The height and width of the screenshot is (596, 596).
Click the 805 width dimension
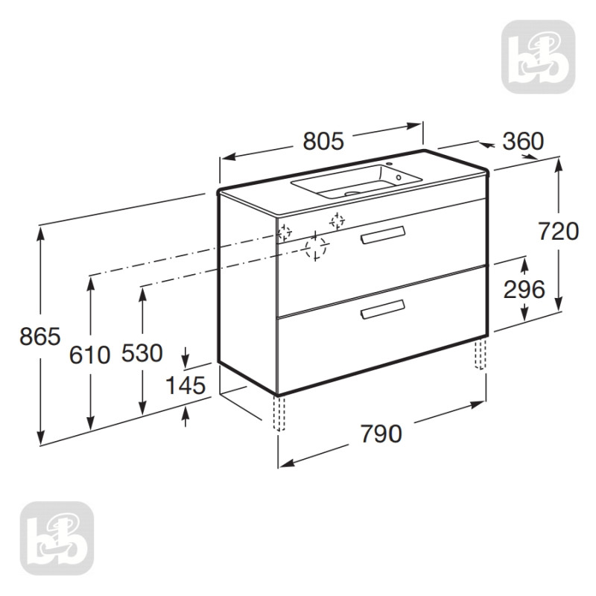323,141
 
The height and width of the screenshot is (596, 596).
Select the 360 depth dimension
523,141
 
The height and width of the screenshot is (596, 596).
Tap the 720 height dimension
559,231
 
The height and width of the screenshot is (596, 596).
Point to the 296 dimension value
524,289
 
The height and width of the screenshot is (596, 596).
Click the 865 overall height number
40,337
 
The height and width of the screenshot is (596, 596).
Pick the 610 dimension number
89,355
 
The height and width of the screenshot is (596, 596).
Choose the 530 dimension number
142,352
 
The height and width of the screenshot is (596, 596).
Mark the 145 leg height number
186,385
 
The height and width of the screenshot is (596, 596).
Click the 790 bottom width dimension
381,434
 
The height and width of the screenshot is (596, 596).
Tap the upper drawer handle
383,234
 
